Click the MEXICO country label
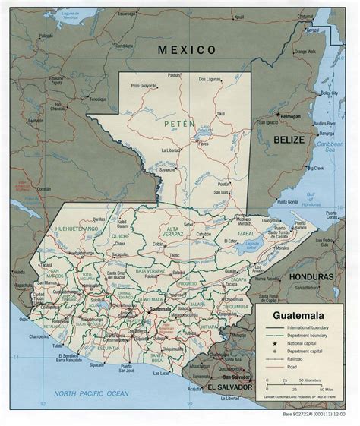(187, 49)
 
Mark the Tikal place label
(220, 114)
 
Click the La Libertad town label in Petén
(172, 150)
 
